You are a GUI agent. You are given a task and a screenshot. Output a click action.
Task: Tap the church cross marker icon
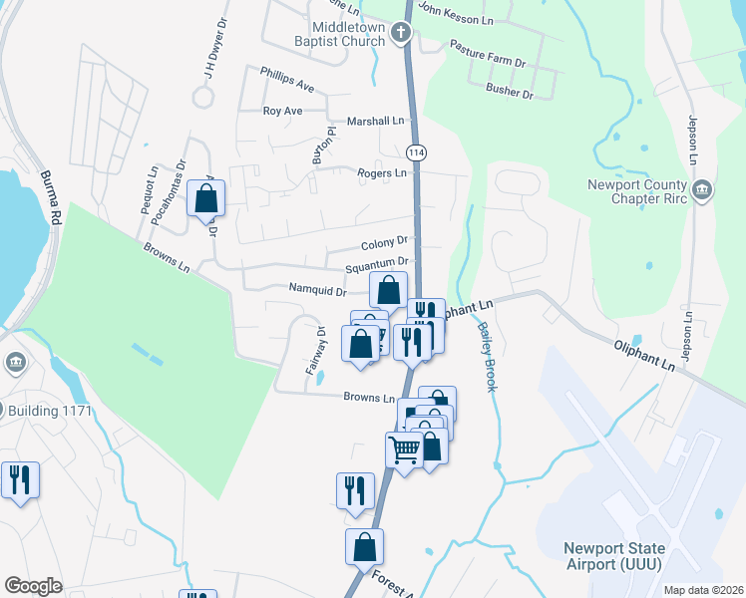(401, 34)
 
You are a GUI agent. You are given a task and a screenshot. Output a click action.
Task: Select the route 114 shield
(417, 152)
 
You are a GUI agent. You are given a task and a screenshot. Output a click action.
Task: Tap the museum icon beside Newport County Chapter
(702, 189)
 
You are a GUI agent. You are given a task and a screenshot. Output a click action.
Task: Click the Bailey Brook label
(487, 356)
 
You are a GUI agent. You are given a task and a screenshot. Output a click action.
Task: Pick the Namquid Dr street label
(317, 291)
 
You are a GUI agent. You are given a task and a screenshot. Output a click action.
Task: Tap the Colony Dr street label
(384, 241)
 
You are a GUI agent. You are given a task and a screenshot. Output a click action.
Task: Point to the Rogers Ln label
(383, 173)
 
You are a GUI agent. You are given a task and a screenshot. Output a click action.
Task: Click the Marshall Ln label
(376, 121)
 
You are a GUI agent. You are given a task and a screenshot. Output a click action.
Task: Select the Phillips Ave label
(287, 75)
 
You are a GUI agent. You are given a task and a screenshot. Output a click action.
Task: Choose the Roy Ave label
(282, 111)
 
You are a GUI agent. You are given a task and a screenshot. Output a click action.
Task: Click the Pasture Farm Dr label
(487, 53)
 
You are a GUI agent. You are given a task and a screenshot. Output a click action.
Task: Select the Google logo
(33, 586)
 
